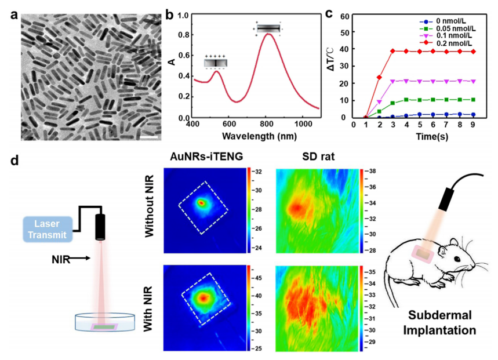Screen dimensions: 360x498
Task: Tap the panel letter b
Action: click(169, 13)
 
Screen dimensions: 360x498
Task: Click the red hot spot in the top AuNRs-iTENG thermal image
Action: click(201, 203)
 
